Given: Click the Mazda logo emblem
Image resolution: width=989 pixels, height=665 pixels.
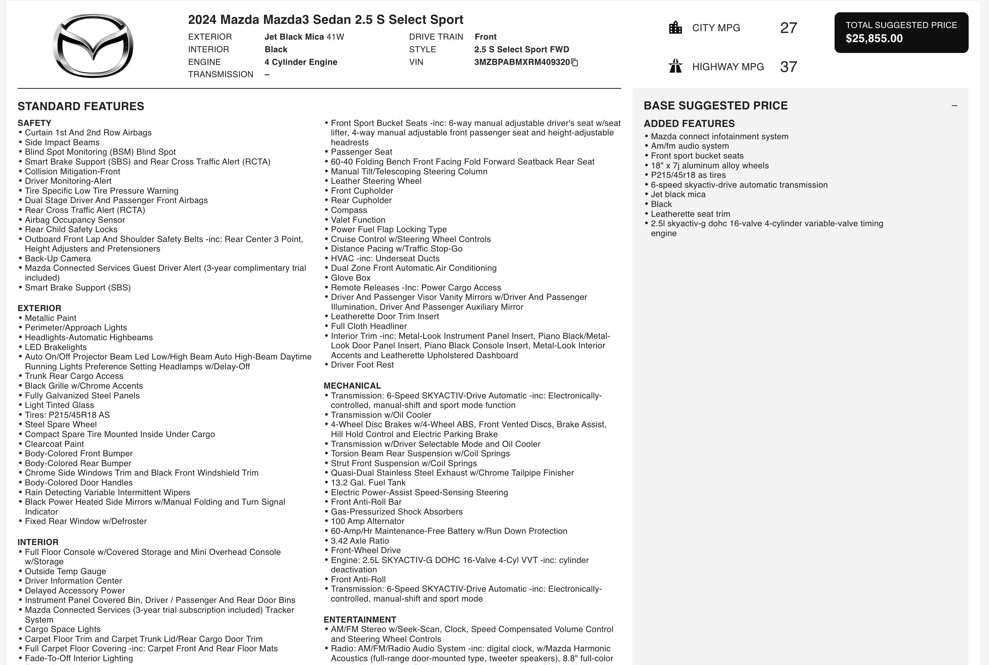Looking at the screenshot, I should coord(93,45).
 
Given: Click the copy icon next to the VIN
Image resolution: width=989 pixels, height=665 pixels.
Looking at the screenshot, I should coord(575,63).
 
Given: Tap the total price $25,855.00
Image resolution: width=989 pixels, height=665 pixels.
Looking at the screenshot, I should coord(874,39).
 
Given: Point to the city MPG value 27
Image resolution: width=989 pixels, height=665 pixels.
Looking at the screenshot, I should coord(788,28).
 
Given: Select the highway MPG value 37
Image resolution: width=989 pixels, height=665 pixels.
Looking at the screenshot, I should coord(788,67).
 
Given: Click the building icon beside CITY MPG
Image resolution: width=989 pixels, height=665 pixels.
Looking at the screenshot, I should coord(675,28).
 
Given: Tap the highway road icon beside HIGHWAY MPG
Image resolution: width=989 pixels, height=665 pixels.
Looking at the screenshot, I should coord(675,67).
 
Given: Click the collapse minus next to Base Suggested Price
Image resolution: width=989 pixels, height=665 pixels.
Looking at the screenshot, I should coord(954,106).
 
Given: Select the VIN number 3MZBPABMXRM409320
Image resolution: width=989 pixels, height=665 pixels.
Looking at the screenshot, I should coord(522,62).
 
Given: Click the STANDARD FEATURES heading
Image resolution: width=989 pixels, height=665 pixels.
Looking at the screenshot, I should coord(81,107).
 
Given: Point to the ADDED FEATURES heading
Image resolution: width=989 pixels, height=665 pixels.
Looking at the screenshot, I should coord(689,124).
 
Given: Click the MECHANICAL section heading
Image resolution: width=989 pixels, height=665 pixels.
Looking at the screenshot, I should coord(352,386).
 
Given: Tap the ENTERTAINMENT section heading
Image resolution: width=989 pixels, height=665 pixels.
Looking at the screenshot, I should coord(359,620).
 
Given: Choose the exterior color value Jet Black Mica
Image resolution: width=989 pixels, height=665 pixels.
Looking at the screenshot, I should coord(294,37).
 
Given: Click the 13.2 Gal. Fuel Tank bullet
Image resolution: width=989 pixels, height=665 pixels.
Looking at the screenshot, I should coord(368,483).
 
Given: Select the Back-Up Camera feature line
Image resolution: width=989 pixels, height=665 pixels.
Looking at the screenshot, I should coord(57,259).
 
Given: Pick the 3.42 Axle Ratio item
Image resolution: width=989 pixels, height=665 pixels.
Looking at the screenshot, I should coord(359,541).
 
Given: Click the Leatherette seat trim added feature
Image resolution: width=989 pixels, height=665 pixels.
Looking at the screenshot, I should coord(690,214).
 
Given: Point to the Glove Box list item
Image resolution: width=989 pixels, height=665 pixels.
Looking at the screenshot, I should coord(351,278).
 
